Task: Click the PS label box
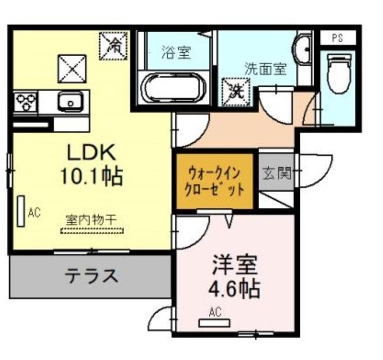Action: (x=338, y=38)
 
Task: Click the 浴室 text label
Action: (x=176, y=52)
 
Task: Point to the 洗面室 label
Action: (x=265, y=68)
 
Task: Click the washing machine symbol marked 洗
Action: (x=236, y=92)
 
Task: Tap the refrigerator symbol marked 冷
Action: (x=113, y=46)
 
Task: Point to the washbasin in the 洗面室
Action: (x=303, y=49)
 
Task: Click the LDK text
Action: (x=91, y=152)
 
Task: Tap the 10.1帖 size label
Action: (x=91, y=176)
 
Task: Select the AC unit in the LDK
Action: (x=21, y=211)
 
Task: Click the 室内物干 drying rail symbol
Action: (x=92, y=231)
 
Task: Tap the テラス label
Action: (x=91, y=275)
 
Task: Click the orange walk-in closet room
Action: (x=214, y=181)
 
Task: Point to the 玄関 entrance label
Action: (x=277, y=173)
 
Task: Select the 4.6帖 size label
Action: (x=234, y=290)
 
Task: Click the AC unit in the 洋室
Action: (x=214, y=323)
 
